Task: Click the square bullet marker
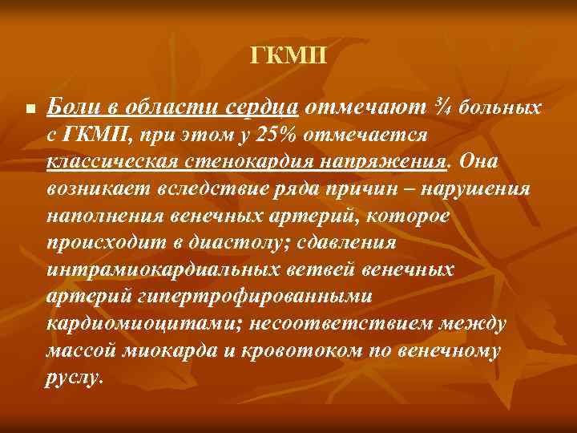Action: (29, 109)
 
